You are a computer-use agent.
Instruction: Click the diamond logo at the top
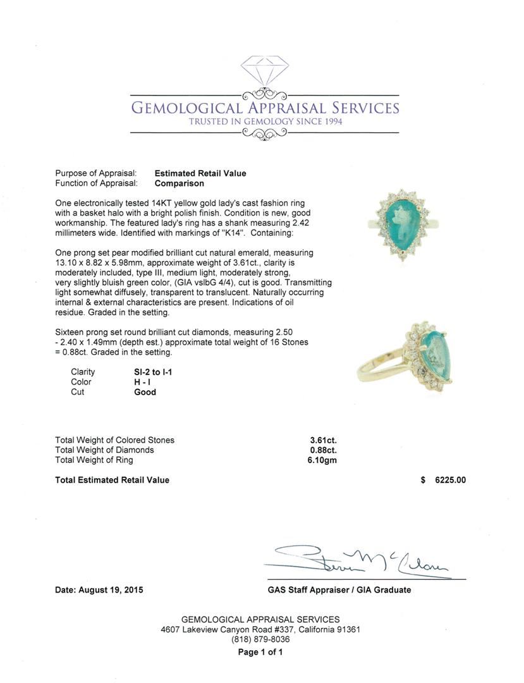tap(264, 71)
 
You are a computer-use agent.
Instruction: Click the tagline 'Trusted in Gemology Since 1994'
tap(265, 121)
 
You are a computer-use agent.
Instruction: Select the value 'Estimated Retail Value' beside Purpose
tap(200, 173)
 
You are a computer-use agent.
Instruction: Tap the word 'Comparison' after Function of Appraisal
tap(180, 183)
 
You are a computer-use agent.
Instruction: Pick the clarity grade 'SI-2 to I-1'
tap(149, 372)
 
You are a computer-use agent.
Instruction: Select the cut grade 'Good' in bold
tap(145, 392)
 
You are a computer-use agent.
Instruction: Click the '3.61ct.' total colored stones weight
tap(323, 440)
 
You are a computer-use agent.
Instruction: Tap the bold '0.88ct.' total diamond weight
tap(323, 450)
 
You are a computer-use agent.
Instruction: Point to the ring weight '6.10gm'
tap(318, 460)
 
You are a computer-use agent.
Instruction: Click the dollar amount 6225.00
tap(450, 480)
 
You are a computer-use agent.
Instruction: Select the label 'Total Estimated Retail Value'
tap(112, 480)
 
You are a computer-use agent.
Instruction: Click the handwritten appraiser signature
tap(360, 560)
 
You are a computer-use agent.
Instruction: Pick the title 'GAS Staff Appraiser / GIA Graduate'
tap(339, 590)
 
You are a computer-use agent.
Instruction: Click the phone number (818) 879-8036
tap(260, 639)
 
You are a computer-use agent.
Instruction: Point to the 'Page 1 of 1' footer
tap(260, 652)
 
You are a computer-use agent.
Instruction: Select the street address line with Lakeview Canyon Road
tap(260, 630)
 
